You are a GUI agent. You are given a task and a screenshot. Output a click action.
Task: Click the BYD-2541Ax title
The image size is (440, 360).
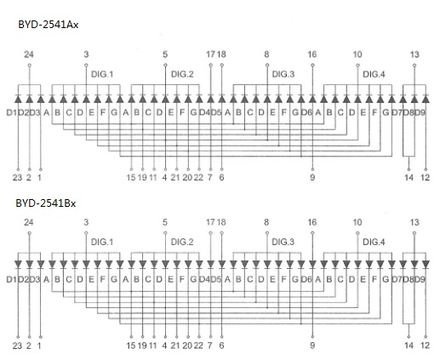click(49, 25)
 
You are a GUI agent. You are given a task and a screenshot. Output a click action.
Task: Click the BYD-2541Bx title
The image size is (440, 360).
click(46, 203)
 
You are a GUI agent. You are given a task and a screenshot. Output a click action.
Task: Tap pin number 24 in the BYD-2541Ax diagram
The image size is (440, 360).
click(29, 54)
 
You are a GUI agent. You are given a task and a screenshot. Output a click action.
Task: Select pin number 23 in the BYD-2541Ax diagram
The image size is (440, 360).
click(17, 178)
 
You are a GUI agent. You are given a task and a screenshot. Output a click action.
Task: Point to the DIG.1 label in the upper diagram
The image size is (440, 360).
click(102, 74)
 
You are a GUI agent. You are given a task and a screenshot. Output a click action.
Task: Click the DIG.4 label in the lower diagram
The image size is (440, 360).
click(374, 243)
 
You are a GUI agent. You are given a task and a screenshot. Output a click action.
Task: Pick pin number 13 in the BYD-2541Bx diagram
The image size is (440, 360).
click(414, 222)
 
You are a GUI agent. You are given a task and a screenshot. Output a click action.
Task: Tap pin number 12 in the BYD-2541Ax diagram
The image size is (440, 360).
click(425, 178)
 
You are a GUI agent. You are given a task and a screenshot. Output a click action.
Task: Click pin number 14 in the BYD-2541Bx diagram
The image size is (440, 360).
click(409, 346)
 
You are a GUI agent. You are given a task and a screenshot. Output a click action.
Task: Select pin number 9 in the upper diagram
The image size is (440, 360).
click(312, 178)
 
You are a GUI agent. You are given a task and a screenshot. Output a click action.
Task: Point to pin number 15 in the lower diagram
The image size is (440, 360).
click(131, 346)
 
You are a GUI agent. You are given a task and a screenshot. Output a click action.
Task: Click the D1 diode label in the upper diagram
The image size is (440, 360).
click(12, 113)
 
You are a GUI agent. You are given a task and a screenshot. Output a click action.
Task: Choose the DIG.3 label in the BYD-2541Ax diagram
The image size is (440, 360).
click(283, 74)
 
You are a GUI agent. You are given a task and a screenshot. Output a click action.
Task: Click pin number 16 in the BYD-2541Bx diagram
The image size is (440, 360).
click(312, 222)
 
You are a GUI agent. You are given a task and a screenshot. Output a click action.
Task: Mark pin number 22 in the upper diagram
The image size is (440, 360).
click(198, 178)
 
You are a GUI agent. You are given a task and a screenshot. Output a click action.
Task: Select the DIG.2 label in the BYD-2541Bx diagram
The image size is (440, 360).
click(182, 243)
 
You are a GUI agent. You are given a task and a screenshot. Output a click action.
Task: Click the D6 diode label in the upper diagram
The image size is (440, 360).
click(306, 113)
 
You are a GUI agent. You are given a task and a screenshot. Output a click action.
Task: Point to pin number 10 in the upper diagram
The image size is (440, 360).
click(357, 54)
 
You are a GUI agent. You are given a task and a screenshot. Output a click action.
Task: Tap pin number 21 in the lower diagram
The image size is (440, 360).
click(175, 346)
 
